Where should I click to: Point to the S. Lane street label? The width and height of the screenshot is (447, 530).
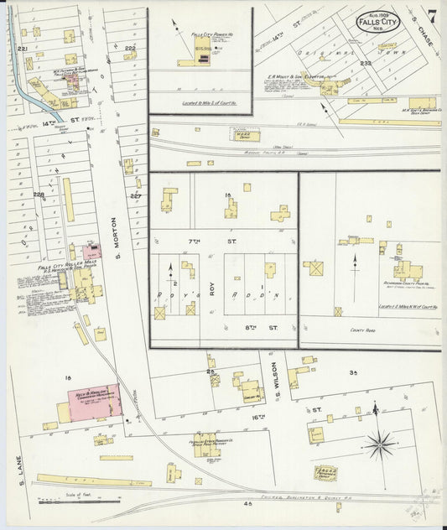point(17,466)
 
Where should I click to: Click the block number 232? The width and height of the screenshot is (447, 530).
point(365,64)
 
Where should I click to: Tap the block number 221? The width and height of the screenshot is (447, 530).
point(23,50)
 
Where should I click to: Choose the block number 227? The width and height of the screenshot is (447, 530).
point(137,196)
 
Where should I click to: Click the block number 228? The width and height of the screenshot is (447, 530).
point(38,195)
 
